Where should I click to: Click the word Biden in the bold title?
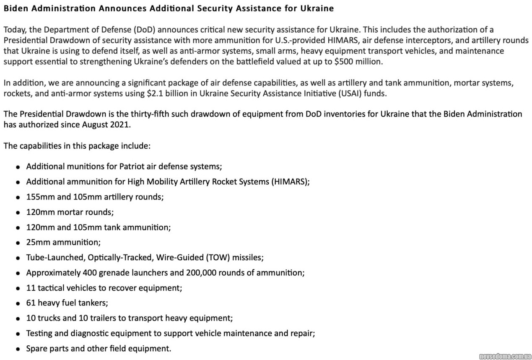click(x=15, y=8)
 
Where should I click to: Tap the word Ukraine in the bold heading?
click(x=318, y=8)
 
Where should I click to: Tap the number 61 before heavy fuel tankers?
click(x=31, y=303)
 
